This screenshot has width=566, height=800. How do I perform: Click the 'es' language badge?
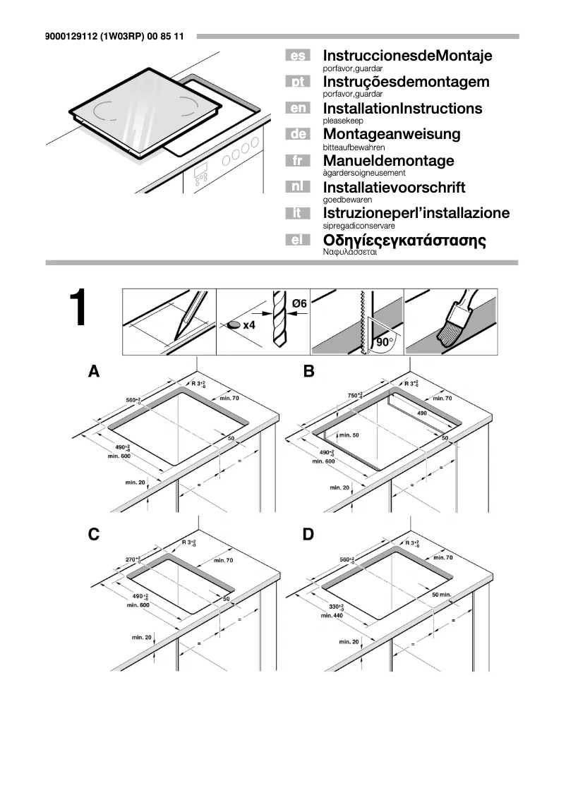pos(297,56)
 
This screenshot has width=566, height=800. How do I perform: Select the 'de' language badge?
pos(297,134)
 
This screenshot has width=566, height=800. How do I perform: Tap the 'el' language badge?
pos(297,241)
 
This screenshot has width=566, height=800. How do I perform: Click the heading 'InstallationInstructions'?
pos(402,109)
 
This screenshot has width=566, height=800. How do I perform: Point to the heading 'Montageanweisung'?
pos(391,134)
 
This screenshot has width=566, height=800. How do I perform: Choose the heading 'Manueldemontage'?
pos(388,161)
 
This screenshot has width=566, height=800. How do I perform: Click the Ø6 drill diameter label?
pos(299,303)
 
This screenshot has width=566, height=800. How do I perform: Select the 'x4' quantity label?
pos(248,325)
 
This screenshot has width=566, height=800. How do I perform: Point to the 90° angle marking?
pos(385,342)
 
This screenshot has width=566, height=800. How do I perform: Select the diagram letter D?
pos(308,535)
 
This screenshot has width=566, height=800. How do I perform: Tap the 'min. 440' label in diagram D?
pos(331,616)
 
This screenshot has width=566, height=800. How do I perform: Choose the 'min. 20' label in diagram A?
pos(135,482)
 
